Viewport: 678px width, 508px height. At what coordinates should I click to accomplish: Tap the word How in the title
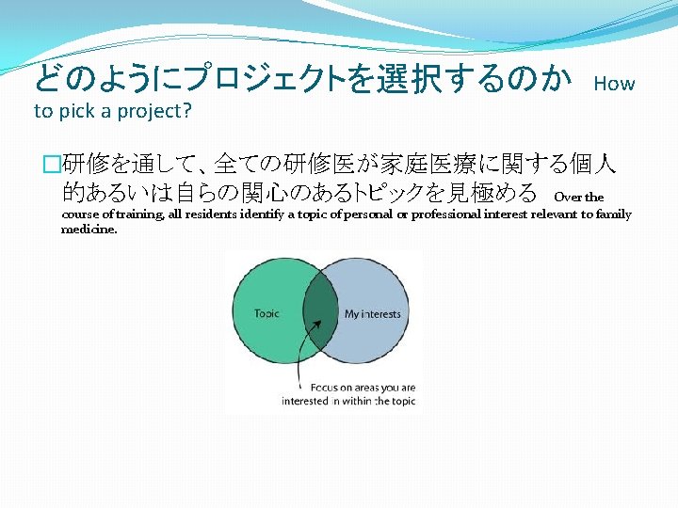click(x=615, y=84)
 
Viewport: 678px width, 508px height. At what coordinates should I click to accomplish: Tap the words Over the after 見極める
click(x=579, y=198)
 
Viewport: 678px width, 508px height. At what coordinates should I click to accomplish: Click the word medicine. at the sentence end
click(x=89, y=229)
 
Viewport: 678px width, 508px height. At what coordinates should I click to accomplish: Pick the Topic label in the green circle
click(x=266, y=313)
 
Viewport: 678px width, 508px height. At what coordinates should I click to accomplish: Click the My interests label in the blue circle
click(x=372, y=314)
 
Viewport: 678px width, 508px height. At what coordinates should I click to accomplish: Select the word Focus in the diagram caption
click(x=326, y=387)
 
